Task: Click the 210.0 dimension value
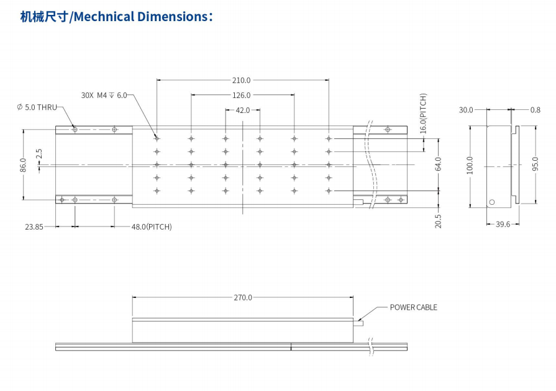click(x=242, y=80)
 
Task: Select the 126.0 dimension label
click(x=242, y=95)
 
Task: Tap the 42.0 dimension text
click(x=242, y=110)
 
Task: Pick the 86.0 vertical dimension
click(x=23, y=165)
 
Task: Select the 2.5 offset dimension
click(x=39, y=154)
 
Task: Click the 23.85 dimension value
click(x=34, y=227)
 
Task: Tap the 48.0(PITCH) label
click(x=152, y=227)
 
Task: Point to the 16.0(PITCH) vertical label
click(x=423, y=114)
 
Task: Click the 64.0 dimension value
click(x=438, y=164)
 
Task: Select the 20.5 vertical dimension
click(x=438, y=221)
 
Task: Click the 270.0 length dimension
click(x=243, y=297)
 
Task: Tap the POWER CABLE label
click(x=413, y=307)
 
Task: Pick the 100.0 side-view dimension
click(x=470, y=165)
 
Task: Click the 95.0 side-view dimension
click(x=535, y=165)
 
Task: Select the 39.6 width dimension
click(x=503, y=224)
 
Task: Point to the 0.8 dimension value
click(x=535, y=110)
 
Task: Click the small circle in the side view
click(x=491, y=202)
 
